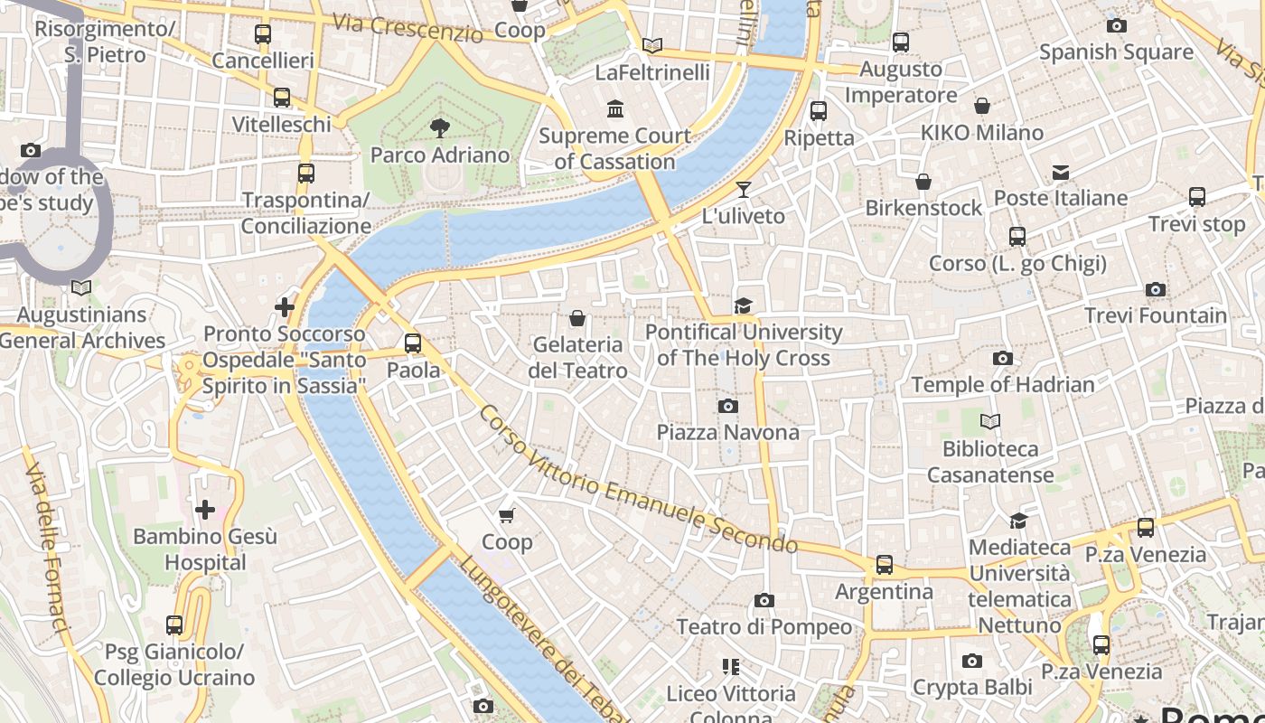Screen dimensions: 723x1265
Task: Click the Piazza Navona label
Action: point(727,432)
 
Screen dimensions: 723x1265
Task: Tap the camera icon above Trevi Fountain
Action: point(1155,290)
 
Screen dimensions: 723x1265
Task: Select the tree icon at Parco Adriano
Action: point(440,128)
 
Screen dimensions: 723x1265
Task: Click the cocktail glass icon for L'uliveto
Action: point(743,190)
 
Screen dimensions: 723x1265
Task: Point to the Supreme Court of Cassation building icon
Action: point(615,108)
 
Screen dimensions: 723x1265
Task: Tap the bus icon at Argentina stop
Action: point(884,565)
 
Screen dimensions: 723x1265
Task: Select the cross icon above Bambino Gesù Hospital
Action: point(205,510)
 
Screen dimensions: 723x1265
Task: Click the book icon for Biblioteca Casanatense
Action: point(990,422)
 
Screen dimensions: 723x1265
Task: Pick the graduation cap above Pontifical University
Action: point(743,305)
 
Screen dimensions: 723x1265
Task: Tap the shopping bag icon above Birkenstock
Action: point(923,182)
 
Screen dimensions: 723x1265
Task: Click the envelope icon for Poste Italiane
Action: point(1061,172)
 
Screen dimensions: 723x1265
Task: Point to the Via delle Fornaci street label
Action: point(48,548)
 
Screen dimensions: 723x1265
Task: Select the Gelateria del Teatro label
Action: point(577,358)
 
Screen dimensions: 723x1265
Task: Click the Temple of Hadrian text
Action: point(1003,384)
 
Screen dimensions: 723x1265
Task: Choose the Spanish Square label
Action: point(1116,52)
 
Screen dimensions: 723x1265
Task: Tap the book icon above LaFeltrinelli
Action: point(651,45)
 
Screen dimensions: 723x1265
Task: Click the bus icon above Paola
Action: point(413,343)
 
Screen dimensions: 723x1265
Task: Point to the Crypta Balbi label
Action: point(971,687)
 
